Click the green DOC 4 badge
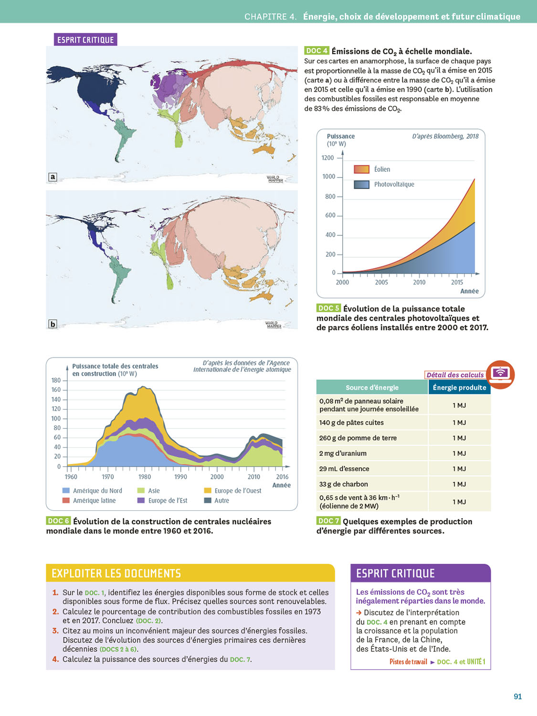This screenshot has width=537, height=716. coord(316,51)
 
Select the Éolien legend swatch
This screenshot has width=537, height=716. coord(361,169)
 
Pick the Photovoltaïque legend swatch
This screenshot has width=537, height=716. coord(361,185)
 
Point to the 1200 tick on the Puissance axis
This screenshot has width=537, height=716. coord(327,158)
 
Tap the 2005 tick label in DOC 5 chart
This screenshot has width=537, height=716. coord(381,283)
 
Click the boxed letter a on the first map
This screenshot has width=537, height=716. coord(53,177)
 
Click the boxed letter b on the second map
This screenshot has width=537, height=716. coord(53,324)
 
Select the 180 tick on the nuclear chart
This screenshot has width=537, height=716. coord(56,380)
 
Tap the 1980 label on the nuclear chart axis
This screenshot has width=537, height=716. coord(145,477)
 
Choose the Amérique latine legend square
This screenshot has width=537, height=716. coord(66,501)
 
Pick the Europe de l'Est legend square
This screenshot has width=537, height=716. coord(141,501)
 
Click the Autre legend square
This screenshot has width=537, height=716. coord(208,501)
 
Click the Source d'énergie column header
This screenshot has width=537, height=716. coord(372,388)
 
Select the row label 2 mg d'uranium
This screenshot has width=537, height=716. coord(343,453)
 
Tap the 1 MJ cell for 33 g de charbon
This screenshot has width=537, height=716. coord(459,484)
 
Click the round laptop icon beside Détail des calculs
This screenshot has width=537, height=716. coord(500,374)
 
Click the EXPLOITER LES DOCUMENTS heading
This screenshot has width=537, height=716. coord(116,573)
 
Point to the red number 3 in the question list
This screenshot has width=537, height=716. coord(55,631)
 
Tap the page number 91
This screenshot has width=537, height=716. coord(517,696)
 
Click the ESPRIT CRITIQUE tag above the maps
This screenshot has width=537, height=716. coord(85,40)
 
